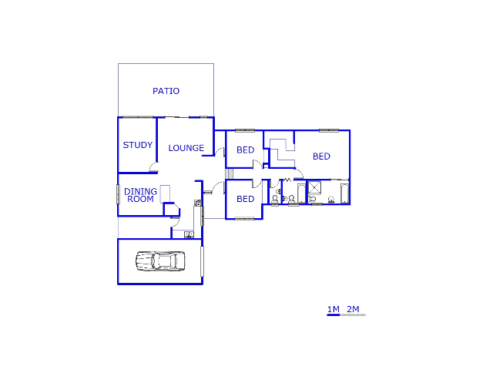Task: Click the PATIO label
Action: point(166,91)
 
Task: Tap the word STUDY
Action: point(138,145)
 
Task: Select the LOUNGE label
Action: point(186,148)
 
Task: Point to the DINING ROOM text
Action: point(140,195)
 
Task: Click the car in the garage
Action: point(160,261)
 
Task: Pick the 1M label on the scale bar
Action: point(334,310)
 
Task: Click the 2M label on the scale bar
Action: point(353,310)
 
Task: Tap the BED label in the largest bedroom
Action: point(321,156)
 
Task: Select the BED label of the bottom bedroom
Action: point(245,199)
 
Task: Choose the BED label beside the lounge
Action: point(245,150)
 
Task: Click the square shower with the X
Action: point(314,187)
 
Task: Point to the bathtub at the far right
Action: point(344,193)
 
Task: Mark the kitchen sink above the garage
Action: point(188,234)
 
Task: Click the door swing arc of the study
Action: point(154,167)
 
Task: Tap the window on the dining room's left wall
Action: point(118,194)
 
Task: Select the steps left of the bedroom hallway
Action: point(229,173)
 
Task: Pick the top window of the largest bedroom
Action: point(329,130)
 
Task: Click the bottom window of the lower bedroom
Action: point(244,219)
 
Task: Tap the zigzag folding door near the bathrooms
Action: point(287,180)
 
